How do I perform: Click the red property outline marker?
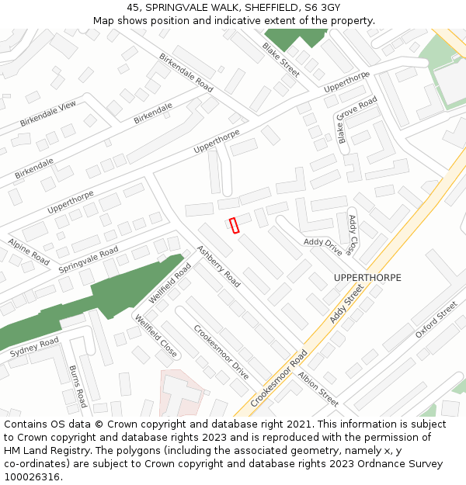point(234,225)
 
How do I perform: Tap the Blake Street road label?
point(280,60)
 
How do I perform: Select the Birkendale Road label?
point(186,73)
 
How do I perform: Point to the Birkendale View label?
point(48,114)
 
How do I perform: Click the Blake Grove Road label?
point(356,120)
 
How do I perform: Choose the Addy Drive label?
point(323,242)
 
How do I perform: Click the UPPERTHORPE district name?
point(367,277)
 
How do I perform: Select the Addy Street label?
point(346,303)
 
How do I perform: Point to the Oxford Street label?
point(436,320)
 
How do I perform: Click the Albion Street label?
point(318,389)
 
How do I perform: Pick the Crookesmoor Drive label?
point(221,352)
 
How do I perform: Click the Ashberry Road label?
point(218,265)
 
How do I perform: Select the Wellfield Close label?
point(156,336)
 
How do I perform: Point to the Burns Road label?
point(78,386)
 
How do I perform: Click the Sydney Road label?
point(34,348)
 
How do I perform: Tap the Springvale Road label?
point(89,260)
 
